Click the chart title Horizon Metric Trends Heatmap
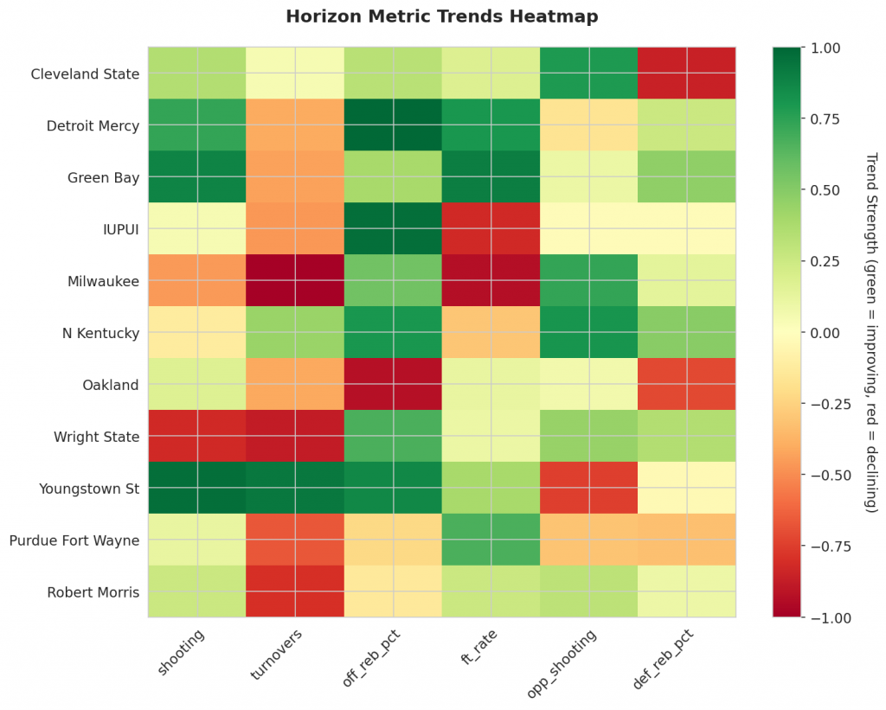[x=442, y=16]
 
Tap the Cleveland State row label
[x=85, y=74]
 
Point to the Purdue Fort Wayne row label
[x=74, y=540]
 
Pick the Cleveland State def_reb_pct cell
[x=687, y=74]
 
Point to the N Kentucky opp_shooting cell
[x=589, y=333]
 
